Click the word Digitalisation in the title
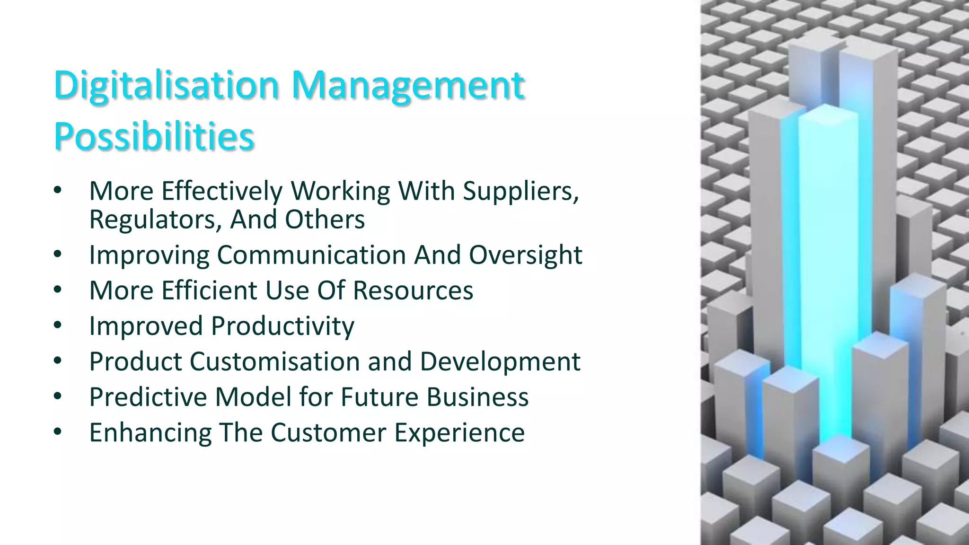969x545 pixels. [x=166, y=86]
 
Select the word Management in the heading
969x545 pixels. [x=408, y=86]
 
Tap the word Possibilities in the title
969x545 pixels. [x=154, y=136]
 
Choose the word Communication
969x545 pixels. [x=312, y=255]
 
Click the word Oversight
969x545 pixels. [x=525, y=255]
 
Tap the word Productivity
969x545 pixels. [x=282, y=326]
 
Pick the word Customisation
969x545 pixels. [x=275, y=361]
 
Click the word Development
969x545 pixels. [x=500, y=361]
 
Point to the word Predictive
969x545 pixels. [x=148, y=397]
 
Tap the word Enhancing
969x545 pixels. [x=150, y=432]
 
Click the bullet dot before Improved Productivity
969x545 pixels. [x=58, y=325]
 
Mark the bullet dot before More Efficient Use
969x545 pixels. [x=58, y=290]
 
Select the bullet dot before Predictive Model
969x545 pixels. [x=58, y=396]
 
